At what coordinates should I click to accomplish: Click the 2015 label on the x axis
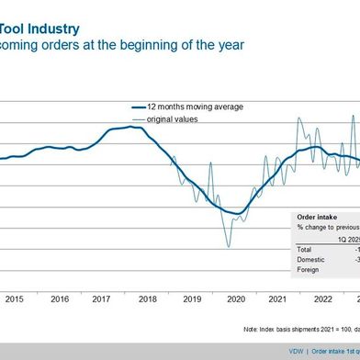[15, 273]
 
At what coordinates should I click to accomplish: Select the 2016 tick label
[59, 273]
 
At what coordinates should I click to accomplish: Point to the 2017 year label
[103, 273]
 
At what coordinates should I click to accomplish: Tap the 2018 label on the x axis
[147, 273]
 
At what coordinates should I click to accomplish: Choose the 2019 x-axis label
[191, 273]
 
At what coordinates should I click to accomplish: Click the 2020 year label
[235, 273]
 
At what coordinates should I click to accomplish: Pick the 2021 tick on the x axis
[279, 273]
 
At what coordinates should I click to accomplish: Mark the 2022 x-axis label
[323, 273]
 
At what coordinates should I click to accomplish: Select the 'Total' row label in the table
[304, 248]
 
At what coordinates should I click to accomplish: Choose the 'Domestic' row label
[309, 259]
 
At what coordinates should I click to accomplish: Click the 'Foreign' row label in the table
[308, 270]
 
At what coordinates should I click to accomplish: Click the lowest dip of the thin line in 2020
[228, 246]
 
